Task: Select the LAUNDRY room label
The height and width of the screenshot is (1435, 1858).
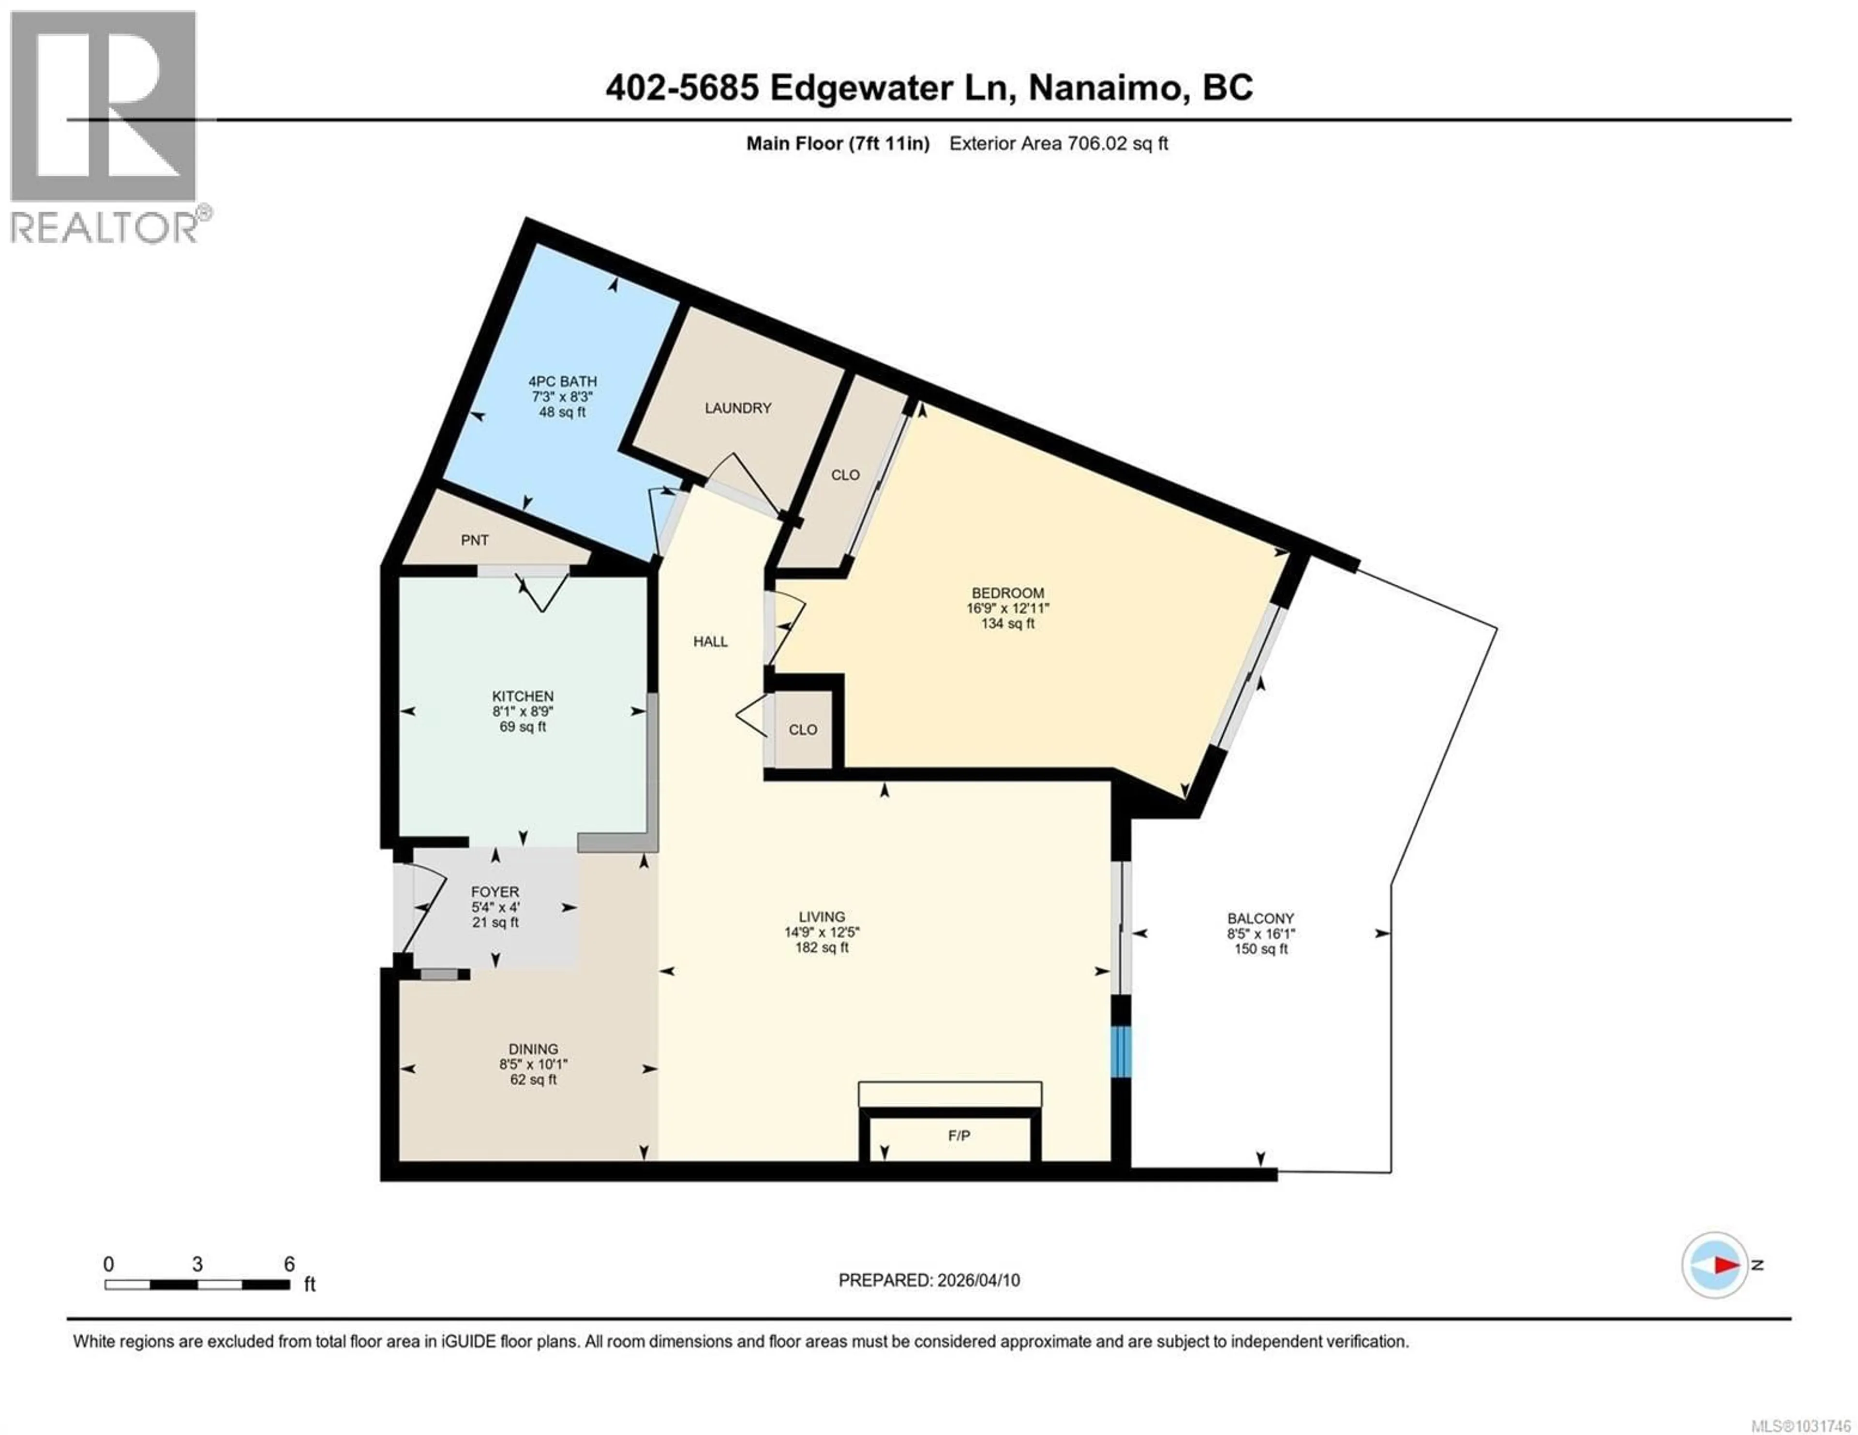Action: click(x=737, y=408)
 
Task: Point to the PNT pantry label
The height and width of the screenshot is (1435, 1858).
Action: click(x=475, y=540)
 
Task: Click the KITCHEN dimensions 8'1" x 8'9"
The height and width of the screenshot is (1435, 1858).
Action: click(x=523, y=711)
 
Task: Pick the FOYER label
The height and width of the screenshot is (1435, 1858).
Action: click(x=495, y=891)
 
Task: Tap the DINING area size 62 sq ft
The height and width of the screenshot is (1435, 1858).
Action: click(x=533, y=1080)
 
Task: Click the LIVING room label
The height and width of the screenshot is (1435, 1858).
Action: click(x=822, y=916)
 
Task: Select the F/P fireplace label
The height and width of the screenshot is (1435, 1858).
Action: click(x=959, y=1136)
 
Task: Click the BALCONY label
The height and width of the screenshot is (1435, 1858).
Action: click(x=1260, y=918)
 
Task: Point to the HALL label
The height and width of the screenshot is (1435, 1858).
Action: click(x=710, y=641)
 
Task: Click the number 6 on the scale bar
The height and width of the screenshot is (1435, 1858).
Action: click(x=289, y=1264)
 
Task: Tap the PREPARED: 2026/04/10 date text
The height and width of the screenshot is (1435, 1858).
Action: click(x=929, y=1280)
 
